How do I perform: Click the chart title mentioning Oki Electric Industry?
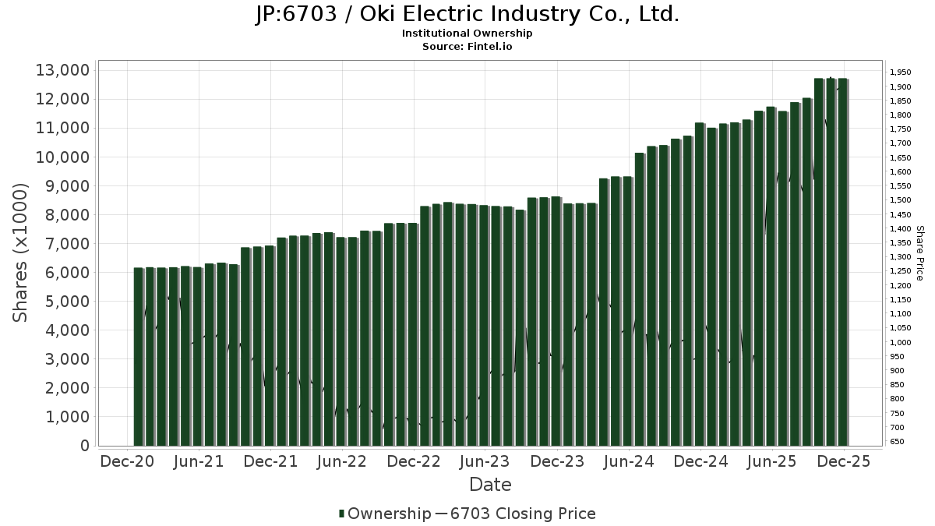tap(467, 15)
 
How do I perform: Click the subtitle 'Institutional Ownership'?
tap(467, 34)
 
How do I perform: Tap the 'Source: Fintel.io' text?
tap(467, 47)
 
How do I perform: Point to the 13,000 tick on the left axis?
tap(62, 71)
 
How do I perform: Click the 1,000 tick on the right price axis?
tap(898, 343)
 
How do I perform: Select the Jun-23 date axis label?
tap(485, 462)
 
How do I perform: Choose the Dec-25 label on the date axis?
tap(844, 462)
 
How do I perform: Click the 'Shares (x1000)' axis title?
tap(21, 252)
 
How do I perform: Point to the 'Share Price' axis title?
tap(919, 252)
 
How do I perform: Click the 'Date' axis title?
tap(490, 485)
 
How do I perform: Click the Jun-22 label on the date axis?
tap(342, 462)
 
